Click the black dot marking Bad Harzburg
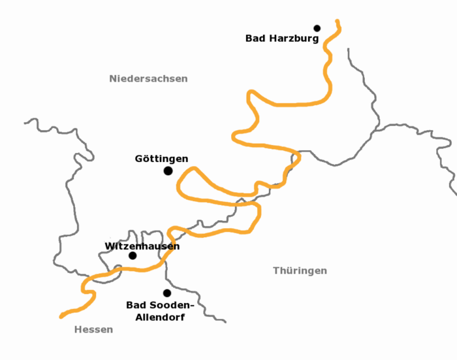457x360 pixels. click(x=317, y=28)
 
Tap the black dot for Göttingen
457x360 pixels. click(x=168, y=171)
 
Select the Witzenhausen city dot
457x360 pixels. click(x=133, y=255)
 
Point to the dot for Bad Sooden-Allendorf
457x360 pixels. click(x=167, y=293)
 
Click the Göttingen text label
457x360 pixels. click(x=161, y=159)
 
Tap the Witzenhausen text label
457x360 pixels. click(x=142, y=246)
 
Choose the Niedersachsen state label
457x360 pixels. click(x=148, y=79)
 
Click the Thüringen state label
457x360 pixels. click(x=300, y=270)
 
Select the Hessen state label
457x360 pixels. click(x=93, y=330)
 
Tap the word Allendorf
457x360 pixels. click(x=160, y=318)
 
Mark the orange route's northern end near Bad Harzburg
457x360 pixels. click(x=338, y=22)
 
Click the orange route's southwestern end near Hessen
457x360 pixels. click(x=61, y=317)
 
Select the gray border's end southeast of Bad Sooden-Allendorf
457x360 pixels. click(x=225, y=321)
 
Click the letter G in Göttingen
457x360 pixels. click(x=139, y=159)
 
